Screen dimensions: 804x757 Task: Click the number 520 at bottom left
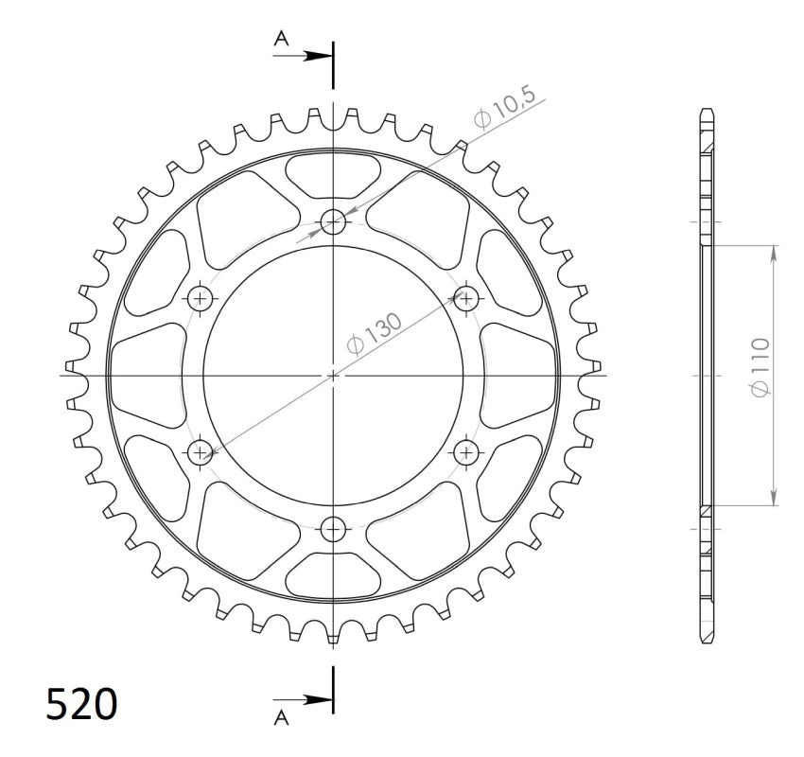[x=82, y=704]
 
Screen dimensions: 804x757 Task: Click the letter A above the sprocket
[x=281, y=39]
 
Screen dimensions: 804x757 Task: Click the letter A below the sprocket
[x=281, y=718]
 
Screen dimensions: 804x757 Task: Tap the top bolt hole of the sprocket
[x=333, y=222]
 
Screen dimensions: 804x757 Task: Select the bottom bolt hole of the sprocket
[x=333, y=529]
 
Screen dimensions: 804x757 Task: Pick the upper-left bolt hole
[x=201, y=298]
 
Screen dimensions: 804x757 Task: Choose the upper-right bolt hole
[x=466, y=298]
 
